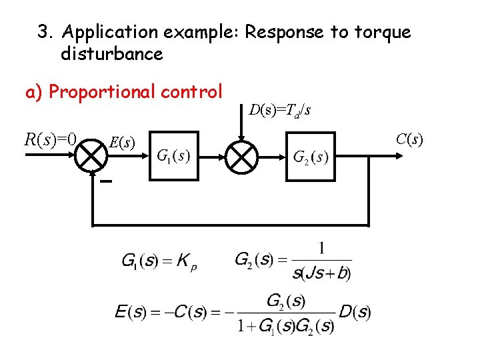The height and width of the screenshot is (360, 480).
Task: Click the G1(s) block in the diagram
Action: click(x=173, y=156)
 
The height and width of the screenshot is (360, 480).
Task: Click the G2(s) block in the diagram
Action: click(x=311, y=156)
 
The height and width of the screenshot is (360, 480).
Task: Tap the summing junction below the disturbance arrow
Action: click(x=242, y=156)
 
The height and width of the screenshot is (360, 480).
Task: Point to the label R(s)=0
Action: click(x=51, y=139)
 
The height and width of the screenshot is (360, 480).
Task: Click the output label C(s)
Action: click(x=409, y=139)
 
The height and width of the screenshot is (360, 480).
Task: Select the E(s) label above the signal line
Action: click(x=122, y=142)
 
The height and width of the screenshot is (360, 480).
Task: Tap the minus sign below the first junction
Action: click(x=106, y=181)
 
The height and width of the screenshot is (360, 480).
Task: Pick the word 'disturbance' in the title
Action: click(x=111, y=53)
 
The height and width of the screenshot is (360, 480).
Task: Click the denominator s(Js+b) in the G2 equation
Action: click(x=321, y=273)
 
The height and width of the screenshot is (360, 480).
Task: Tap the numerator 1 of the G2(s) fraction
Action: click(x=322, y=249)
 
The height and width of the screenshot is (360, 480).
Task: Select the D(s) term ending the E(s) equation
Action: click(x=355, y=311)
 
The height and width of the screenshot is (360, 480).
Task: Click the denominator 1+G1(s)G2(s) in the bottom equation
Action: click(x=287, y=326)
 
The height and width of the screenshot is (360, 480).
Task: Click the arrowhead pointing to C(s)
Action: click(x=398, y=156)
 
